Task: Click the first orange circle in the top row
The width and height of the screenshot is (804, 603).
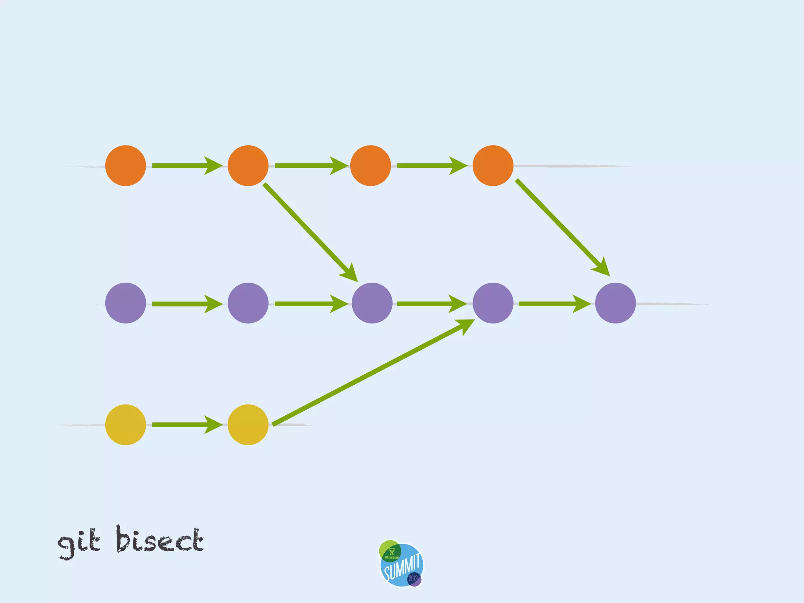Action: tap(126, 166)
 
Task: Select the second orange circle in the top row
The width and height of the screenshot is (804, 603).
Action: tap(248, 166)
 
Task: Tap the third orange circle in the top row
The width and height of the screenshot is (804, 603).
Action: tap(371, 166)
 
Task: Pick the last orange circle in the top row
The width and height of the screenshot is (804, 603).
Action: tap(493, 166)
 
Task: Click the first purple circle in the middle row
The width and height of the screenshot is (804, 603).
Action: tap(126, 303)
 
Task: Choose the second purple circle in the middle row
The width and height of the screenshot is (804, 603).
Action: tap(248, 303)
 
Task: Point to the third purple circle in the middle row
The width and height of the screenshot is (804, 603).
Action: tap(372, 303)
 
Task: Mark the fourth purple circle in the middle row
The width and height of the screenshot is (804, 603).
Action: tap(493, 303)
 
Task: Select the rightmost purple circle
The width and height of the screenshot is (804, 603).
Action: tap(616, 303)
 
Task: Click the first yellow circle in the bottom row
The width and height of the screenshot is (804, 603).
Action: tap(126, 425)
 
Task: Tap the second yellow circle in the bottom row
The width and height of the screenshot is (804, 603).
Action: tap(248, 425)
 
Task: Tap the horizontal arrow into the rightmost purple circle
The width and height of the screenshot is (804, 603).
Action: tap(554, 304)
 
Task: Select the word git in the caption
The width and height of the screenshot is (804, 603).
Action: tap(79, 543)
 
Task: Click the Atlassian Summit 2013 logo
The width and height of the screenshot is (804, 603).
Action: tap(402, 564)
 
